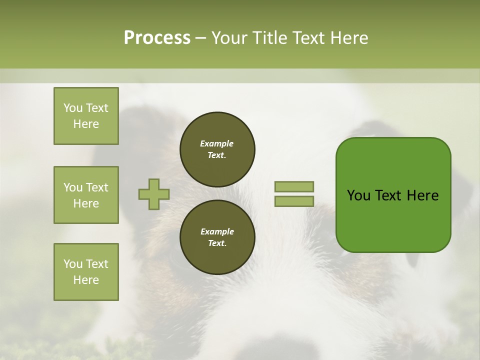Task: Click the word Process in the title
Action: point(157,38)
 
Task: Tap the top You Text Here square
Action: point(86,116)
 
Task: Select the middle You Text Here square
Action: point(86,195)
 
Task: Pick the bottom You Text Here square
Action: point(86,272)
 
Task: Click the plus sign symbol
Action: point(154,194)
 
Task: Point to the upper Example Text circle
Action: point(217,149)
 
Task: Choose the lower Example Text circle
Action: point(217,237)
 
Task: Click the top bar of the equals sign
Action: point(294,186)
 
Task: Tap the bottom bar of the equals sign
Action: point(294,201)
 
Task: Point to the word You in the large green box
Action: point(358,195)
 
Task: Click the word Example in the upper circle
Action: point(217,143)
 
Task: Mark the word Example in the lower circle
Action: point(217,231)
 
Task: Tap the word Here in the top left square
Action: point(86,124)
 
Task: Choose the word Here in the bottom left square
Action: point(86,280)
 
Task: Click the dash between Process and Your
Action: point(200,38)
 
